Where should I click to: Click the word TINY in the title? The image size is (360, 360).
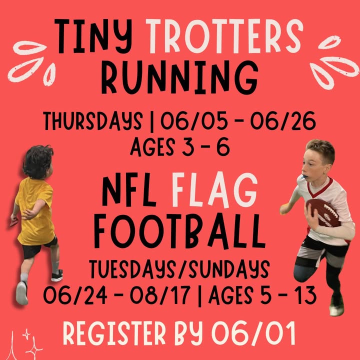[x=93, y=36]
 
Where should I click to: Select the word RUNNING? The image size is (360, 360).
[x=180, y=77]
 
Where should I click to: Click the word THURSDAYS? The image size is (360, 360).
[x=93, y=121]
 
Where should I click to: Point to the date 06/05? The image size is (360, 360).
[x=194, y=121]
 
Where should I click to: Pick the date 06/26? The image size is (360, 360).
[x=283, y=121]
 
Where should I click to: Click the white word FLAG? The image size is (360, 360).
[x=214, y=190]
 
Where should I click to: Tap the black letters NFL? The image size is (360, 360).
[x=129, y=189]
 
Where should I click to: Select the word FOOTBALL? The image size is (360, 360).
[x=180, y=231]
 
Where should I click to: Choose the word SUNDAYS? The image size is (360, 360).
[x=229, y=269]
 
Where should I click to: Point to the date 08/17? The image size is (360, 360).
[x=160, y=295]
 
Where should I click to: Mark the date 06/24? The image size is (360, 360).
[x=75, y=295]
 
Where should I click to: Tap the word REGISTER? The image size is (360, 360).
[x=114, y=333]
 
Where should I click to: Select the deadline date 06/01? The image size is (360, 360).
[x=253, y=333]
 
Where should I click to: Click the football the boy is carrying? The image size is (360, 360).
[x=323, y=213]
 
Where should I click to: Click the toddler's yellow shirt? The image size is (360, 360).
[x=35, y=211]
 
